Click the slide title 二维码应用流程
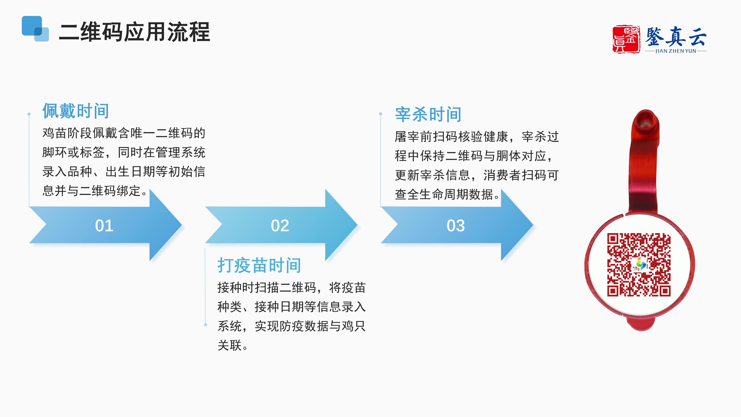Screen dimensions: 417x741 (134, 32)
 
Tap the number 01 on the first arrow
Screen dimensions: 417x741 (104, 226)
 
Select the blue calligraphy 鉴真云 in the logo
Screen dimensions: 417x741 (676, 37)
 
